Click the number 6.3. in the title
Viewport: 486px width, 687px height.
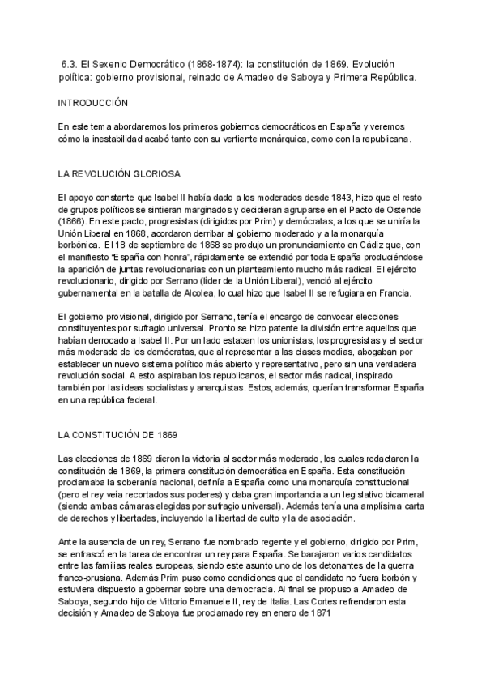70,63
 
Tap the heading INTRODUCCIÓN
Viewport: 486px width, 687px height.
94,104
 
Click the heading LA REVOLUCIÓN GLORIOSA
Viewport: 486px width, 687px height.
119,174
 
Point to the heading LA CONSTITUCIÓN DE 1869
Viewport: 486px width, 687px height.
113,435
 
